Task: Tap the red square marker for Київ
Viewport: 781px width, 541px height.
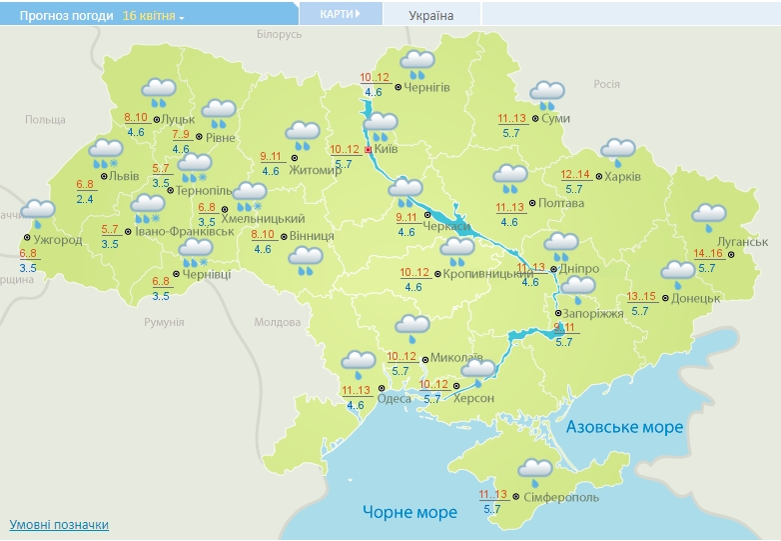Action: pos(368,149)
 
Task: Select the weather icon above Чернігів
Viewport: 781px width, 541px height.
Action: pos(417,64)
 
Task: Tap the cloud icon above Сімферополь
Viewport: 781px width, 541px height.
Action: pos(535,470)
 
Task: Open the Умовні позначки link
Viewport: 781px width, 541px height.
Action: pos(59,524)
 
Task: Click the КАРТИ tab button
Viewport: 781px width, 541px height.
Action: pos(340,14)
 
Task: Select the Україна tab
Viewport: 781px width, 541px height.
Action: pos(430,15)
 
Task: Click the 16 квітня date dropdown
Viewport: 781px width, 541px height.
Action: pos(154,16)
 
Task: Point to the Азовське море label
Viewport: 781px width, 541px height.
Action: pos(624,427)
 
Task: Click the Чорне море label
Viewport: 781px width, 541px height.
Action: pos(409,512)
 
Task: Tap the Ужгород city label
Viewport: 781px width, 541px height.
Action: pos(58,240)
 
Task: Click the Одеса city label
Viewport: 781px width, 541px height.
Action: pos(394,398)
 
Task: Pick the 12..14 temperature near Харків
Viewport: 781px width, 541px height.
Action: pos(575,174)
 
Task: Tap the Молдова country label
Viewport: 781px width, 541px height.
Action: pos(277,322)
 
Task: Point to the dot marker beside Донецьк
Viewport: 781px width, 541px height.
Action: pos(664,297)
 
